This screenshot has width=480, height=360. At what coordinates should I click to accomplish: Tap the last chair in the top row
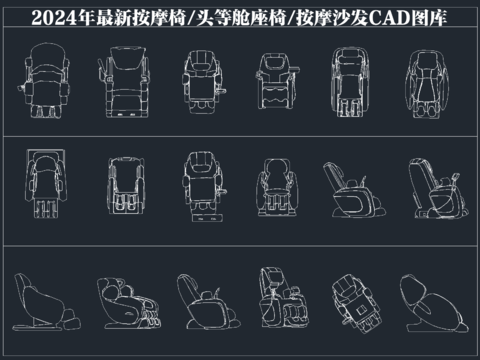click(x=424, y=81)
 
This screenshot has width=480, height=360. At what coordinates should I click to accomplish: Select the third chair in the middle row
click(x=199, y=186)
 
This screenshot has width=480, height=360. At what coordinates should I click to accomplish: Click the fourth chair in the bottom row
click(x=276, y=298)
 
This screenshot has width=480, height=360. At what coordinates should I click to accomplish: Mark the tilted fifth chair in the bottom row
click(x=351, y=299)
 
